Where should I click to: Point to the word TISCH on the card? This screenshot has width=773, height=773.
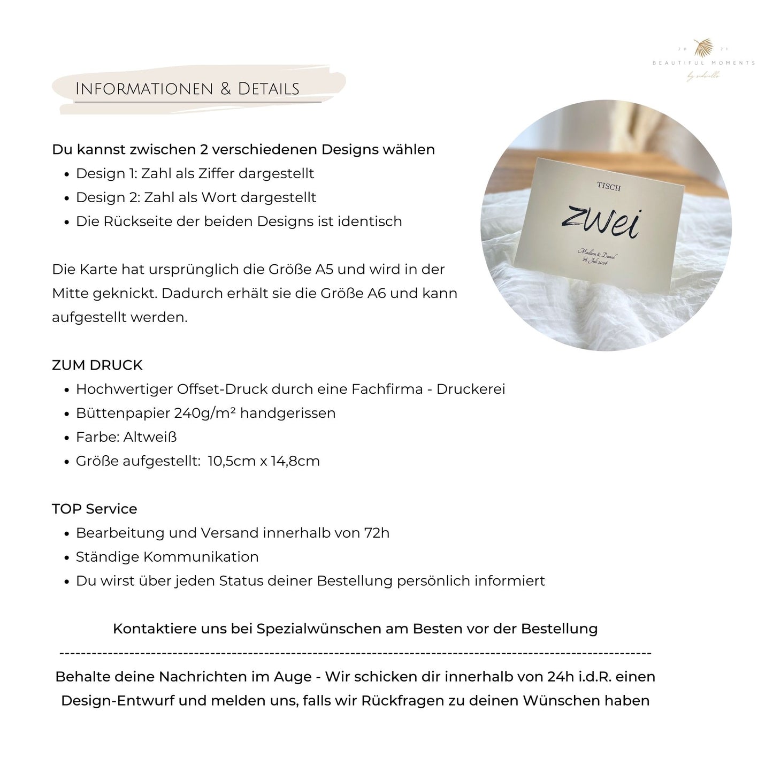click(x=609, y=187)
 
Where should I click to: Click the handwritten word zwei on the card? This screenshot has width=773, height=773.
click(x=600, y=221)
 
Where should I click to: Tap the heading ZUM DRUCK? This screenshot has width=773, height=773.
click(x=97, y=365)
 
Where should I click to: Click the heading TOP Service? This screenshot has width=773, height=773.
click(x=95, y=509)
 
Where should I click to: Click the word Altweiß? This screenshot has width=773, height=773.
click(x=150, y=437)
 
